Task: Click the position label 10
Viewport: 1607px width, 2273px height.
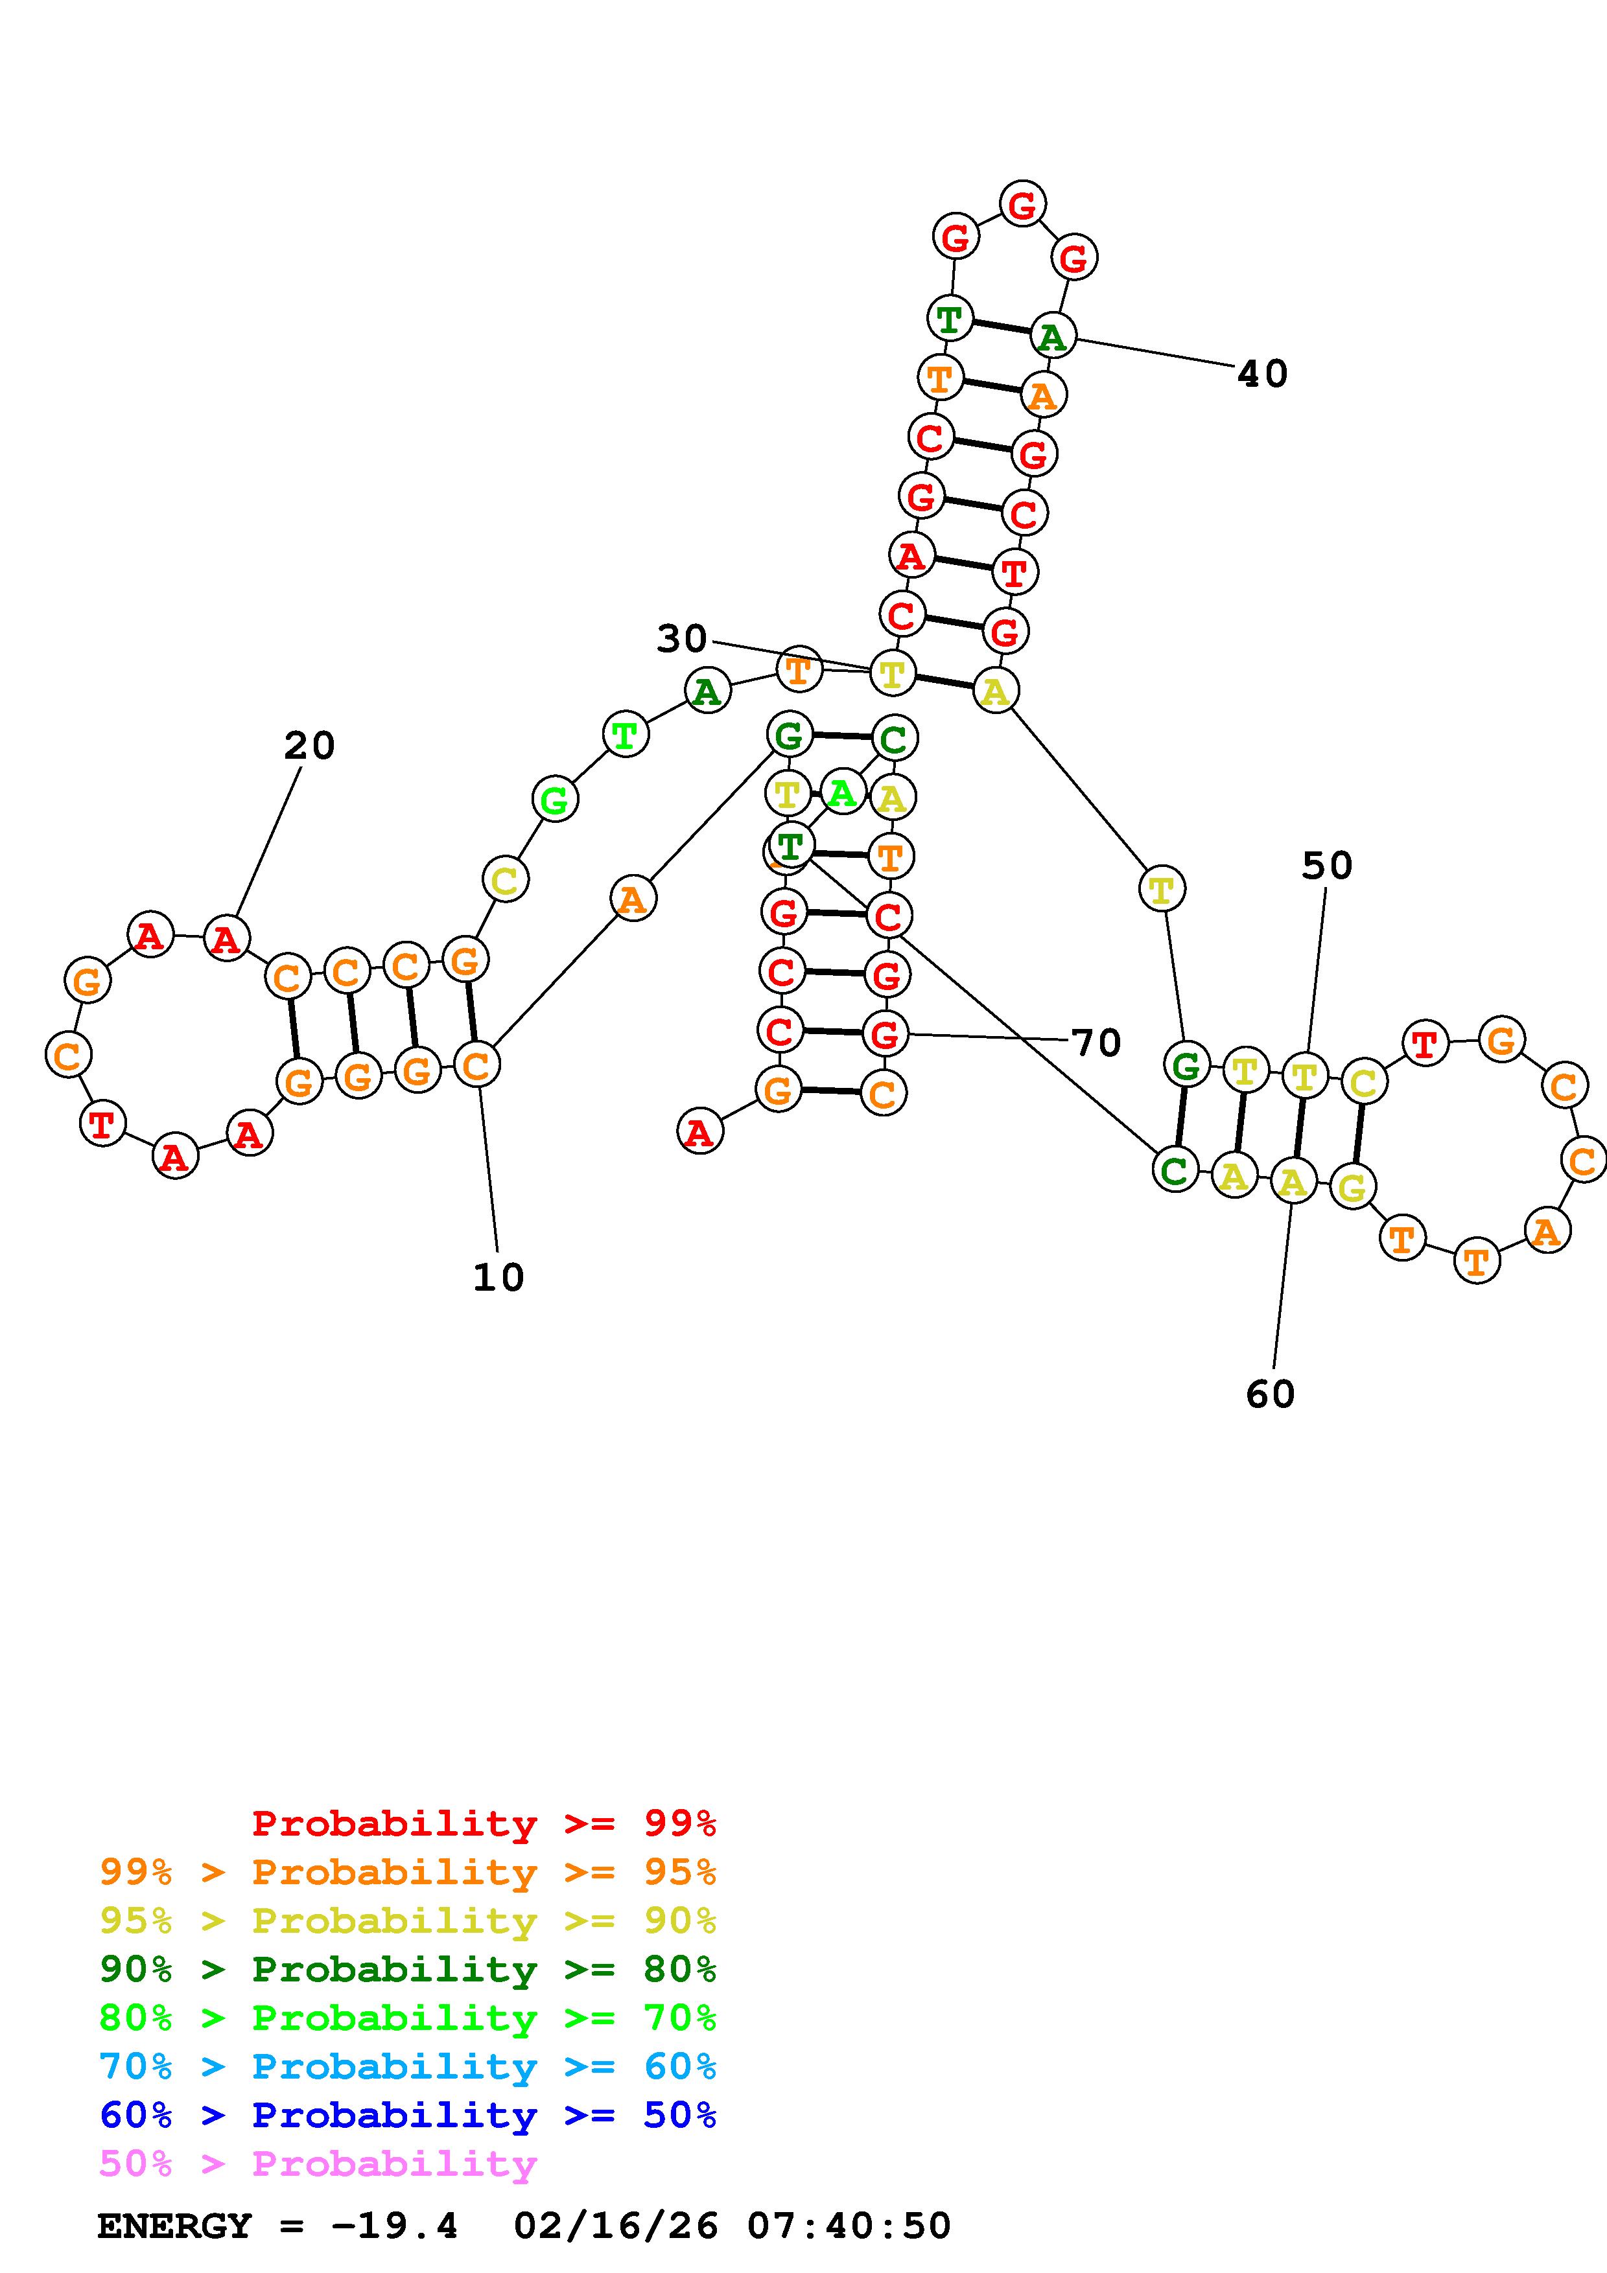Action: coord(498,1278)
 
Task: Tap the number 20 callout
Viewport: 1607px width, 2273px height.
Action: coord(309,745)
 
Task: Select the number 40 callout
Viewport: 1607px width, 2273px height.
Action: coord(1262,375)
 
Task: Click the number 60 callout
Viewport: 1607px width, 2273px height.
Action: coord(1271,1395)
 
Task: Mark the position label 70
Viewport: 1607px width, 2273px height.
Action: coord(1096,1043)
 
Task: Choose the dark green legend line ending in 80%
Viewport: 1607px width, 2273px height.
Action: coord(408,1969)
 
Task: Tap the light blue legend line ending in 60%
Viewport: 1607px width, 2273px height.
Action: coord(408,2066)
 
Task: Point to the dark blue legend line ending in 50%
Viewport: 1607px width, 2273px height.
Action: coord(408,2115)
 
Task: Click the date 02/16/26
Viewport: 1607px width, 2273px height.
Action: coord(615,2226)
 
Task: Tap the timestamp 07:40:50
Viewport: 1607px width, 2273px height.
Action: coord(849,2226)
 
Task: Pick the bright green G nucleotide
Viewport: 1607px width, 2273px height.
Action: coord(554,799)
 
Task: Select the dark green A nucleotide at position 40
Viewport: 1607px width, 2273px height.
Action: coord(1051,336)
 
